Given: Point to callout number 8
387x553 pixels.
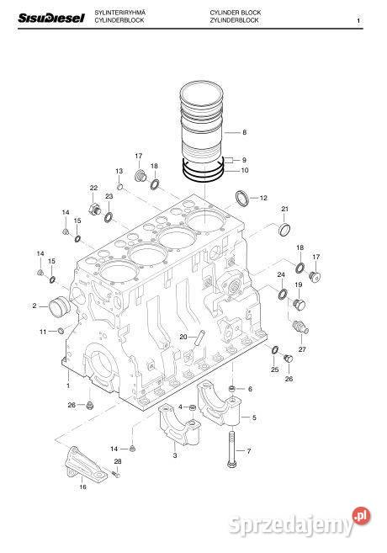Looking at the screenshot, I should [244, 132].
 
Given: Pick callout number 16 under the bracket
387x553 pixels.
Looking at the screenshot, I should [82, 487].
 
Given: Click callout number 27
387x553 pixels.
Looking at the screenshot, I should [302, 348].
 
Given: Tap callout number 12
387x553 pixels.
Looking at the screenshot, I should [263, 199].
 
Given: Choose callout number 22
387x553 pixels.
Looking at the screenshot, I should [93, 188].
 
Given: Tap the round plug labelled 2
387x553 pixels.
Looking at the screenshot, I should [61, 307].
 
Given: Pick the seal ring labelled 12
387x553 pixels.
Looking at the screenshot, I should [241, 199].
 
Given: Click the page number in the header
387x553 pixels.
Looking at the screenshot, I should [358, 20].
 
